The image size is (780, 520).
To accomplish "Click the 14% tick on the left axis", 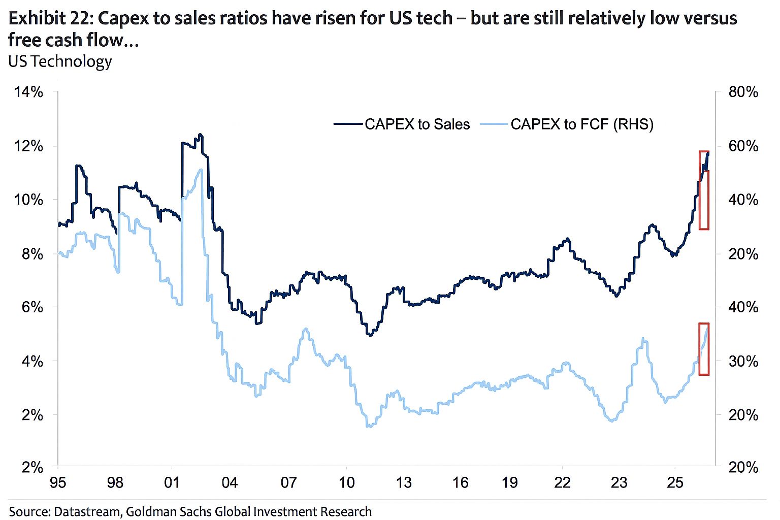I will [x=29, y=92].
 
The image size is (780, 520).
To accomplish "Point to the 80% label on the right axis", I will [x=743, y=92].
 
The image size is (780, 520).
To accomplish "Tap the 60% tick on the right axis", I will [x=743, y=146].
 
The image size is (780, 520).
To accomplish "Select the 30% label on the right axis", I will [x=743, y=362].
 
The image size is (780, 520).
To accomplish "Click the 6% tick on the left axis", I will [x=32, y=308].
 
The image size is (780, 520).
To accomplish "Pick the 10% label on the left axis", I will [x=29, y=200].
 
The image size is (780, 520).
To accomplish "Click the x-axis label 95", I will [x=58, y=482].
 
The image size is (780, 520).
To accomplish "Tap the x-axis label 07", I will [x=288, y=482].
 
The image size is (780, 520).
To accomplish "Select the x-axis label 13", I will [x=404, y=482].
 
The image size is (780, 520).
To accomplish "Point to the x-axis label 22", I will [x=562, y=482].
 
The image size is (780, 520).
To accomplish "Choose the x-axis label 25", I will [x=675, y=482].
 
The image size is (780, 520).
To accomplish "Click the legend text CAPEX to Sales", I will [x=417, y=124].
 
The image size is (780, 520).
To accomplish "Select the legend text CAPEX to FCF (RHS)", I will [x=581, y=124].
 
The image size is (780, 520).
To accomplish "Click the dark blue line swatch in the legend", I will [x=348, y=124].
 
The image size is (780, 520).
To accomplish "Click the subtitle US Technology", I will [x=60, y=61].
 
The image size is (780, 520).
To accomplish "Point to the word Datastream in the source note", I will [x=86, y=511].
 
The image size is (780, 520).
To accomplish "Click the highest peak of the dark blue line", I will [x=200, y=135].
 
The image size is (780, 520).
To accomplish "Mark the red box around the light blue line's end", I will [x=703, y=349].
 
